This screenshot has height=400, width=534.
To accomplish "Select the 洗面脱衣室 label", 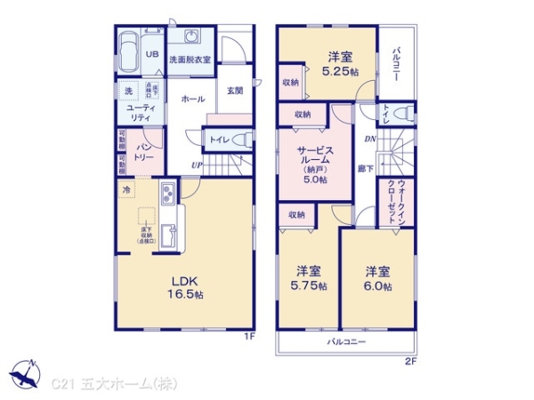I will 190,60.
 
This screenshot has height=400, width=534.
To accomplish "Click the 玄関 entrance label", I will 234,91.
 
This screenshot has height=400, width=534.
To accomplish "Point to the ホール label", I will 192,100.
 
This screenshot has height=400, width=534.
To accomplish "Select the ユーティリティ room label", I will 138,112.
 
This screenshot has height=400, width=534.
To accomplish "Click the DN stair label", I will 367,139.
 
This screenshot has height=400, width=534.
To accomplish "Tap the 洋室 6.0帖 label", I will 378,278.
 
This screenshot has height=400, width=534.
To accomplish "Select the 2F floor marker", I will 410,362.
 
